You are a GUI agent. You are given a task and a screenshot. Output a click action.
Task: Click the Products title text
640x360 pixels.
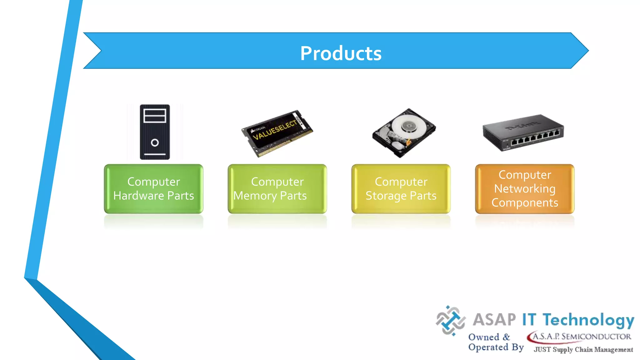(x=341, y=53)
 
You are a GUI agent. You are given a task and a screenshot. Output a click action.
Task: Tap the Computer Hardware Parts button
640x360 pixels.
(x=153, y=189)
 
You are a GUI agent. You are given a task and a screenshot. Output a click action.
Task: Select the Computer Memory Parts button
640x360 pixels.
(x=277, y=189)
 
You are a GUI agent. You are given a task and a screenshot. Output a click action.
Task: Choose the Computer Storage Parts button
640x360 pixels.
(x=401, y=189)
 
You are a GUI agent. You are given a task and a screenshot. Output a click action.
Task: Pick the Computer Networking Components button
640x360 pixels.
(x=525, y=189)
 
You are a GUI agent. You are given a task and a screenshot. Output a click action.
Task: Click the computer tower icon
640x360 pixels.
(x=155, y=132)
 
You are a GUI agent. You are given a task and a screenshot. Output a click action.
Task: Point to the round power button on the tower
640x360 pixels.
(x=155, y=143)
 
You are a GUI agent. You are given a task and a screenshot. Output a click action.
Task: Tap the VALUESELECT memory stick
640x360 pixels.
(x=277, y=133)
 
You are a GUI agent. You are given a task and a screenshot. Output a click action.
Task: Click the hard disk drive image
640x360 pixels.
(x=404, y=133)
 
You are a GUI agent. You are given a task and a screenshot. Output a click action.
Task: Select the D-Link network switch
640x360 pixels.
(x=523, y=133)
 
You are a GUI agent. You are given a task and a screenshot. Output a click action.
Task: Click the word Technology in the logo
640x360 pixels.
(x=588, y=320)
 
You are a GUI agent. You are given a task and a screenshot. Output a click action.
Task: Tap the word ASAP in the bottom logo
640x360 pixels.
(x=494, y=319)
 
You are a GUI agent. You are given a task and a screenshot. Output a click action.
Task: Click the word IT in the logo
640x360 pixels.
(x=529, y=319)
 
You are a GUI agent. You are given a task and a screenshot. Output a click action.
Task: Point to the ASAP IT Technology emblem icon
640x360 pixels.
(x=450, y=321)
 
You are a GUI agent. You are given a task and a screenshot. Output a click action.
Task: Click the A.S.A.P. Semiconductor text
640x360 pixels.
(x=581, y=337)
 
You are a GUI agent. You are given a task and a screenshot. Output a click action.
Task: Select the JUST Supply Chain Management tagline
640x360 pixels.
(x=583, y=349)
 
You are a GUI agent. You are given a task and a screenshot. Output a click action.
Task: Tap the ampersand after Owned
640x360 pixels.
(x=506, y=337)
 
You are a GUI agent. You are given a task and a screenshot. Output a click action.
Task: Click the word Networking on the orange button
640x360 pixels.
(x=525, y=189)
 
